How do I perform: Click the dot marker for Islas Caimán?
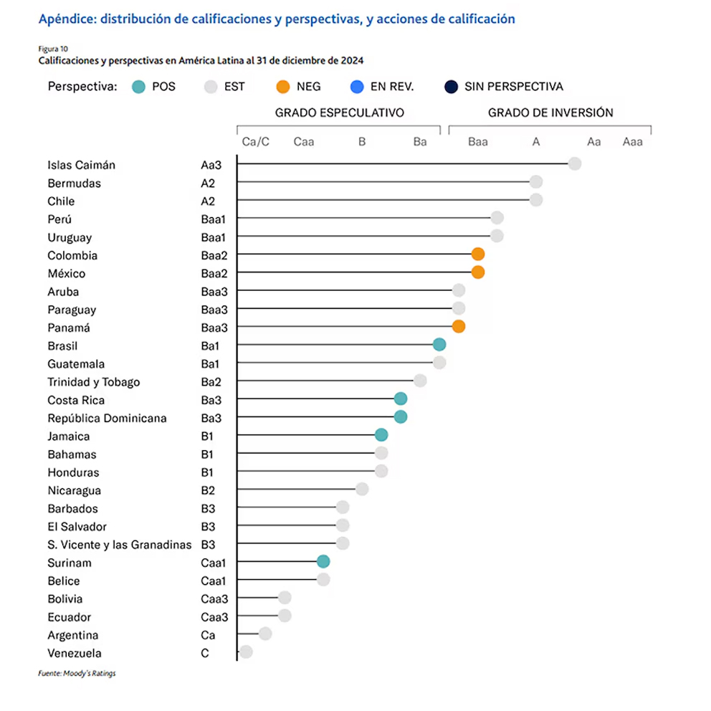(x=574, y=164)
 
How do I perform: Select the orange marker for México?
(x=478, y=272)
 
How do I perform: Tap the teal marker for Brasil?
(x=439, y=345)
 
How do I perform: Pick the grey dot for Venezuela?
(x=246, y=652)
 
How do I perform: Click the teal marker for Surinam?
(x=323, y=561)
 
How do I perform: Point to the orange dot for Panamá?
(x=459, y=327)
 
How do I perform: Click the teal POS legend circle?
(x=139, y=87)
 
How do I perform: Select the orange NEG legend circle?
(x=282, y=87)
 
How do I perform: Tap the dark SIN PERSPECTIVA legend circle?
(x=450, y=87)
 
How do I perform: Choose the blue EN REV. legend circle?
(x=356, y=87)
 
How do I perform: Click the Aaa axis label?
(x=632, y=142)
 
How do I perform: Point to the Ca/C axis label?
(x=256, y=142)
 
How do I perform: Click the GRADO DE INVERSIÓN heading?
(x=550, y=113)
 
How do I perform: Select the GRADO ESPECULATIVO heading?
(x=340, y=113)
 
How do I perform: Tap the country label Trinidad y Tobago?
(x=94, y=382)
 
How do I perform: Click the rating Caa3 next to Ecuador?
(x=214, y=617)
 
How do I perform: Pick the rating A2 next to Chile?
(x=208, y=201)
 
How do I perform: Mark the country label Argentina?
(x=73, y=635)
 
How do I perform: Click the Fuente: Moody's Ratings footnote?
(x=77, y=674)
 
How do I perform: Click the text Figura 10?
(x=53, y=49)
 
